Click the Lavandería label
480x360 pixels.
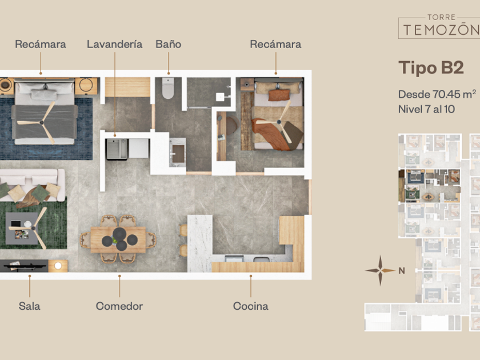point(114,45)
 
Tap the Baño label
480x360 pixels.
point(169,45)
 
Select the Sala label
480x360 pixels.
point(29,306)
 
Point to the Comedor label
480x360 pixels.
point(119,306)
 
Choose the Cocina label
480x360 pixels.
point(251,306)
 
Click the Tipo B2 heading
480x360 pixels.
point(431,67)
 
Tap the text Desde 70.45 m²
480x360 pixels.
point(437,94)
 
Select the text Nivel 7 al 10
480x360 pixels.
point(426,109)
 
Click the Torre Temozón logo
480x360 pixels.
point(439,26)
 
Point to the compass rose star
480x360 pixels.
point(380,270)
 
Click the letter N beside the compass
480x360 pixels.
point(402,271)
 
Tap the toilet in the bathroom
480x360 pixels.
point(168,88)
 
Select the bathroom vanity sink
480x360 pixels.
point(178,153)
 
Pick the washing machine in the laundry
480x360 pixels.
point(117,149)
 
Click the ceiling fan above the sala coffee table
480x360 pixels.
point(32,228)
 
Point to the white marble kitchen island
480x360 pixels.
point(200,243)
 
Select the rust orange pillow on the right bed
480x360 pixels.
point(279,95)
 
